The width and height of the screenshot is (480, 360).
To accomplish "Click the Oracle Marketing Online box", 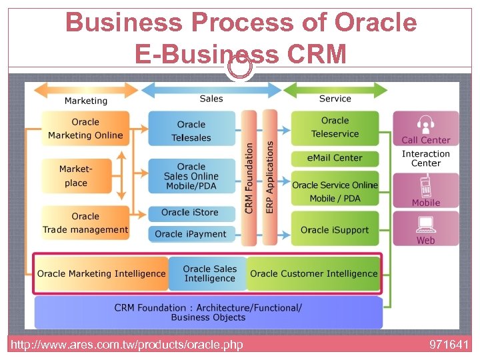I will coord(85,129).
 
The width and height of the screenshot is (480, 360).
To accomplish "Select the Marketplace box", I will coord(76,176).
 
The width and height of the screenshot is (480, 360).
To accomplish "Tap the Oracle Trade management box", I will coord(85,223).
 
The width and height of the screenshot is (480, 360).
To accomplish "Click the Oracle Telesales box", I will coord(191,131).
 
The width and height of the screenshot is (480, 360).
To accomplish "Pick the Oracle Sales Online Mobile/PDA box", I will coord(191,176).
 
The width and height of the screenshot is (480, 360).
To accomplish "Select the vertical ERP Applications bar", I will coord(269,177).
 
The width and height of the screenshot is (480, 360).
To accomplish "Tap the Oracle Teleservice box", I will coord(335,127).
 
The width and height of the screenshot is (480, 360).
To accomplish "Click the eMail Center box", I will coord(335,158).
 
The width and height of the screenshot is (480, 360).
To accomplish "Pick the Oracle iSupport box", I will coord(335,229).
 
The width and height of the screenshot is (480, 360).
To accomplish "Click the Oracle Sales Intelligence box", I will coord(209,273).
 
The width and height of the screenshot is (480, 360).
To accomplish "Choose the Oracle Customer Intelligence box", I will coord(313,273).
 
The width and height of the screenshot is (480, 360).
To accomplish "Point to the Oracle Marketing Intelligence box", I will coord(101,273).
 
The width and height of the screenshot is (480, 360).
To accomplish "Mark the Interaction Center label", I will coord(426,159).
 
